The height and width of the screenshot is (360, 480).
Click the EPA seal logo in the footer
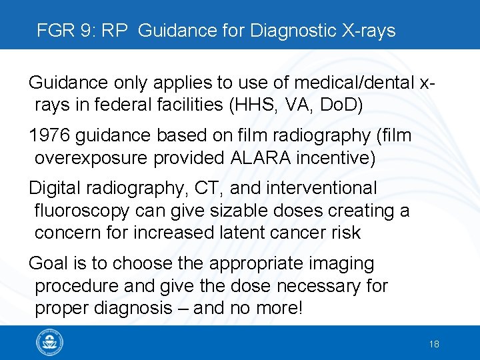coord(50,343)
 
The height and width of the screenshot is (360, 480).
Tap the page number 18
coord(434,344)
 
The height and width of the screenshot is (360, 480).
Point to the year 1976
coord(49,135)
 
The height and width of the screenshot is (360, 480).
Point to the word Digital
coord(53,189)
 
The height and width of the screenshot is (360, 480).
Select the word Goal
coord(48,263)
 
